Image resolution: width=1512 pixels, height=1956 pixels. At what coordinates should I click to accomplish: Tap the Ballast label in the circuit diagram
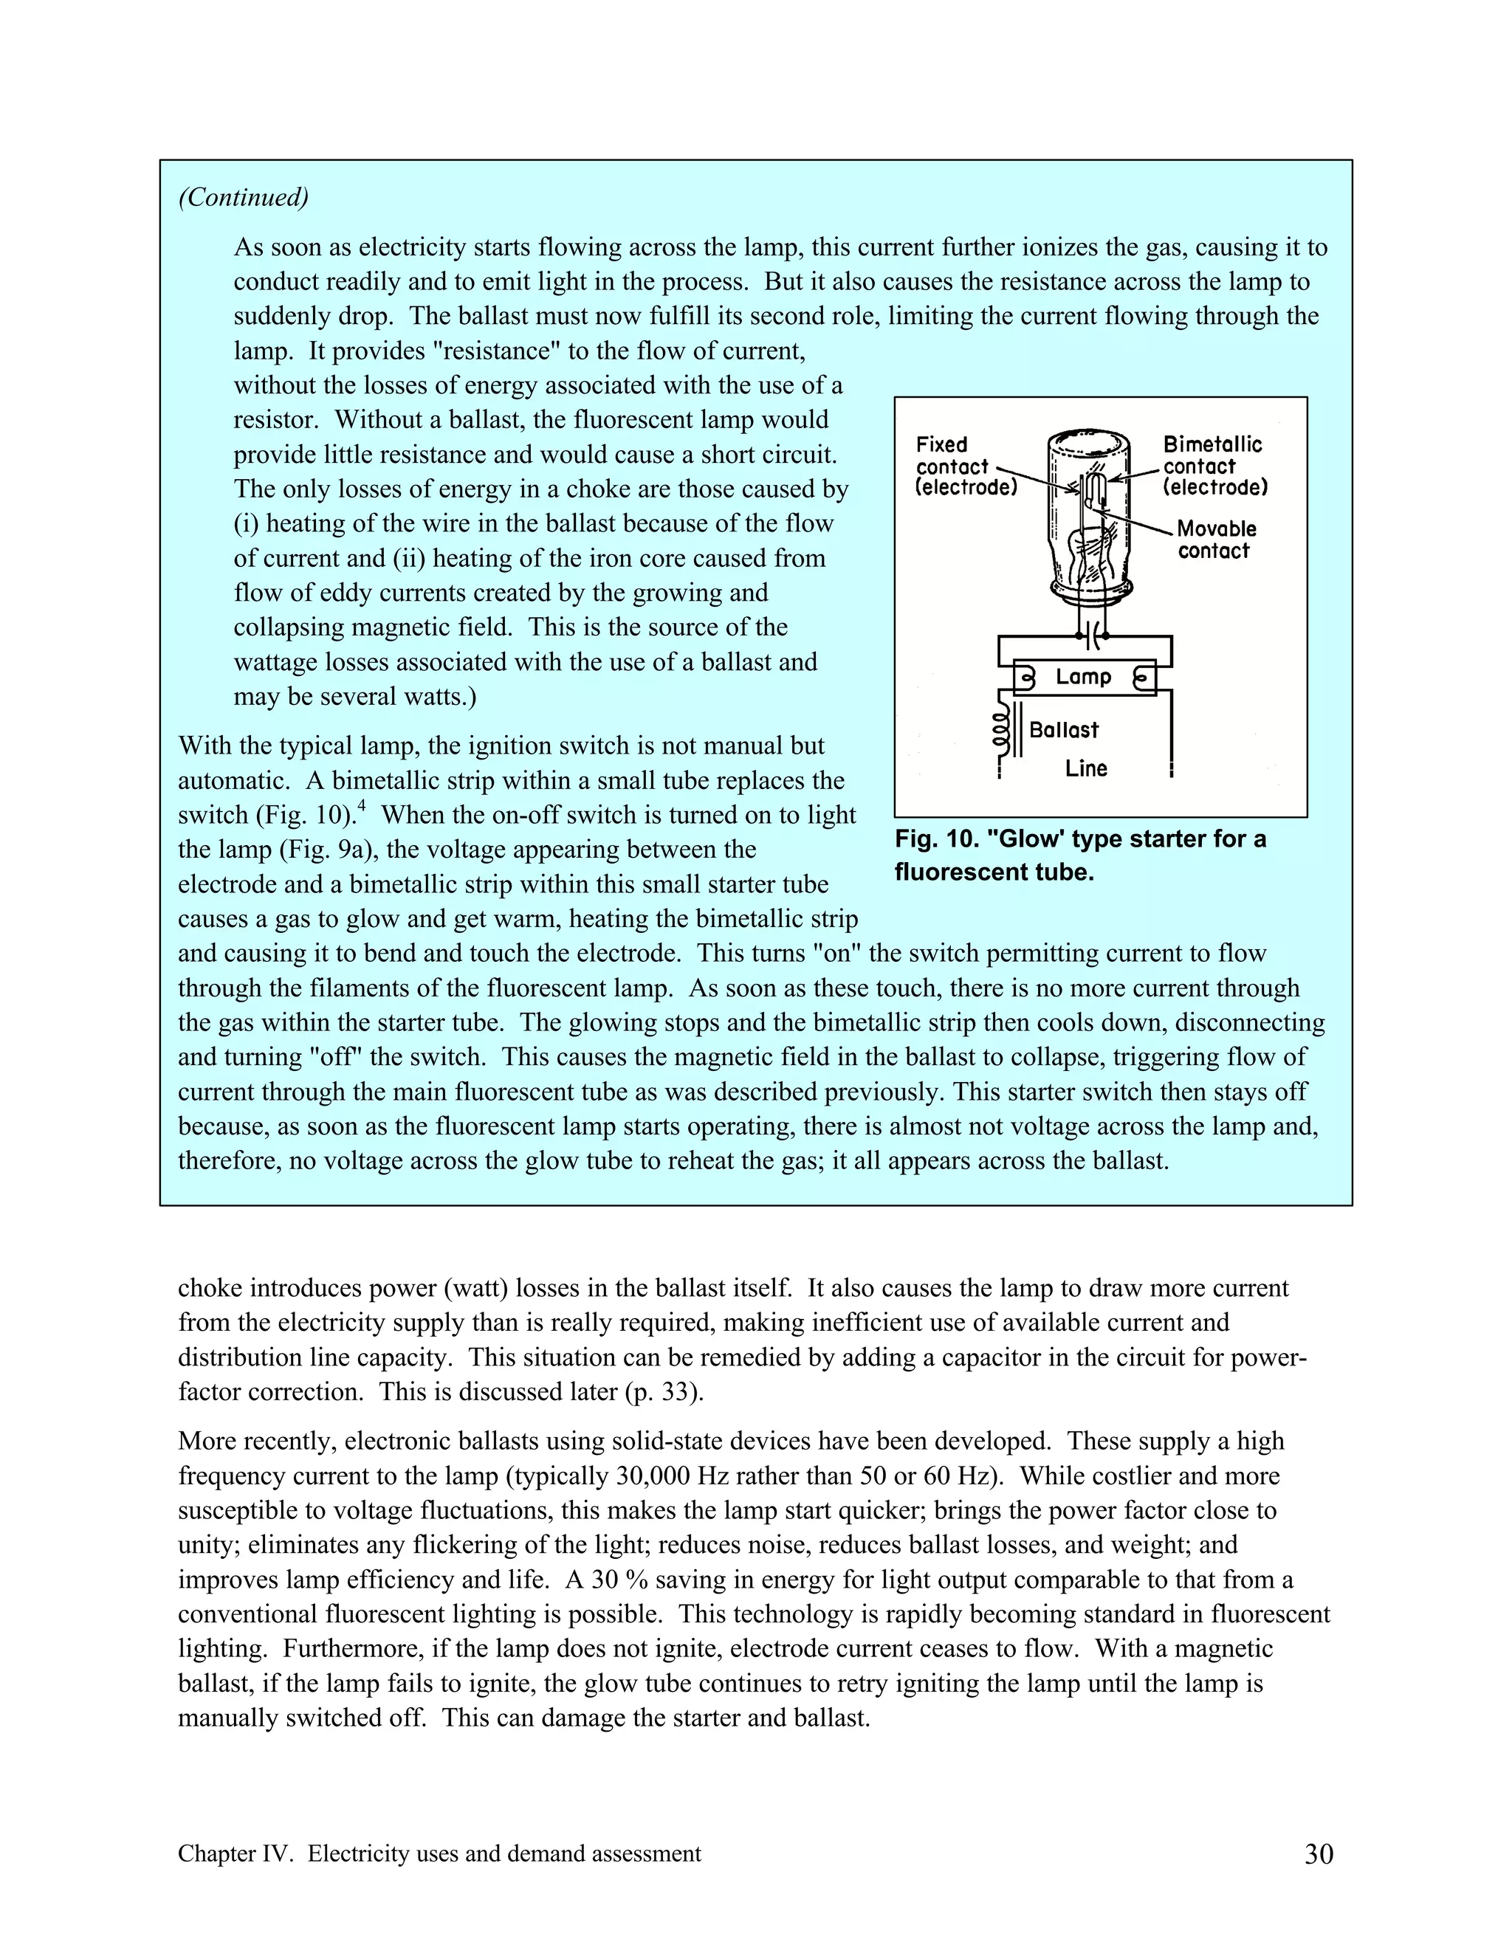(1063, 730)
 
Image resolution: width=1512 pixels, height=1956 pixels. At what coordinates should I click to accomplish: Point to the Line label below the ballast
(1085, 768)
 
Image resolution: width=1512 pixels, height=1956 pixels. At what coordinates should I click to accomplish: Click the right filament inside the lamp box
(1141, 678)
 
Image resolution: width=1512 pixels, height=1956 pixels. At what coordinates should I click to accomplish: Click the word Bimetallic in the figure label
(1212, 444)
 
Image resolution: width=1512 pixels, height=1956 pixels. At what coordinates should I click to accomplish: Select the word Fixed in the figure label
(941, 444)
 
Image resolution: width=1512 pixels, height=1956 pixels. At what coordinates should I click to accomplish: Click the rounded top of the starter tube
(1089, 441)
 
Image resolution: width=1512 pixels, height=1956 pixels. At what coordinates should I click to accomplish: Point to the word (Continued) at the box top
(243, 197)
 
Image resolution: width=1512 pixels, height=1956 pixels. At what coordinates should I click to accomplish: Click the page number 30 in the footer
(1319, 1854)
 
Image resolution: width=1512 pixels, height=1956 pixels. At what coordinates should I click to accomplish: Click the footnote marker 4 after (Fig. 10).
(361, 807)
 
